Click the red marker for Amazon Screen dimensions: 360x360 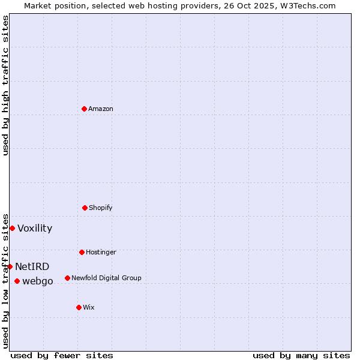pos(84,109)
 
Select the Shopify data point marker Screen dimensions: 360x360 pos(85,208)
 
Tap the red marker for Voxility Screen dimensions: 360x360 pos(12,228)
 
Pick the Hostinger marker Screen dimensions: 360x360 pos(82,252)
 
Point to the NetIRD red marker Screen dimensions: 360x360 pos(10,266)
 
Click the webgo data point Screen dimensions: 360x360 pos(17,281)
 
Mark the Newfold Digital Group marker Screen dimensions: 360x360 pos(67,278)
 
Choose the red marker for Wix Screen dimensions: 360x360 pos(79,307)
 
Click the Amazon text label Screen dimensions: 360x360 pos(101,109)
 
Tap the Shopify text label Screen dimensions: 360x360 pos(101,208)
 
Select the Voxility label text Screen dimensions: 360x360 pos(35,228)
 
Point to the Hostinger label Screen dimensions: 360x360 pos(101,252)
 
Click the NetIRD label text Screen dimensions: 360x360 pos(32,266)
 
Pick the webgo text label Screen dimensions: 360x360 pos(38,281)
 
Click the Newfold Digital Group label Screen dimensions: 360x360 pos(106,278)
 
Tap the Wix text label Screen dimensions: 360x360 pos(89,307)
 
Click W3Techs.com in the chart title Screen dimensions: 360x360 pos(306,5)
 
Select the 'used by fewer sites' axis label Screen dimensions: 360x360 pos(62,355)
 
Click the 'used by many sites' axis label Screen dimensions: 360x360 pos(301,355)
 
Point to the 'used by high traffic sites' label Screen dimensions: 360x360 pos(5,85)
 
